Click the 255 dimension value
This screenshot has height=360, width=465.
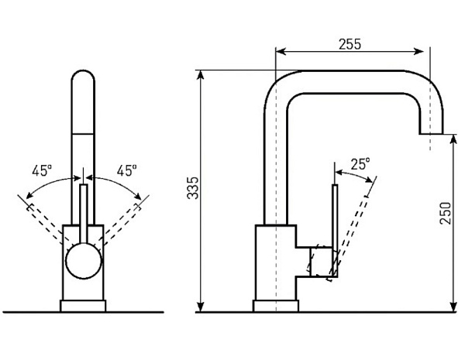coord(350,44)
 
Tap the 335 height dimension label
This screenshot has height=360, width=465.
coord(193,188)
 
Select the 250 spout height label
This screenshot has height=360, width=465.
coord(445,213)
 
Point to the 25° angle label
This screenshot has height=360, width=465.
coord(360,164)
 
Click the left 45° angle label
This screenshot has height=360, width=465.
coord(42,170)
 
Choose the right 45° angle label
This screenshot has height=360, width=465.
coord(126,170)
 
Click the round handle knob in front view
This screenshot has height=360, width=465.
coord(84,261)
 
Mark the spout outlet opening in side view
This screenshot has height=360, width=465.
coord(431,134)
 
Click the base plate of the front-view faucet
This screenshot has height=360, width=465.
coord(83,306)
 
